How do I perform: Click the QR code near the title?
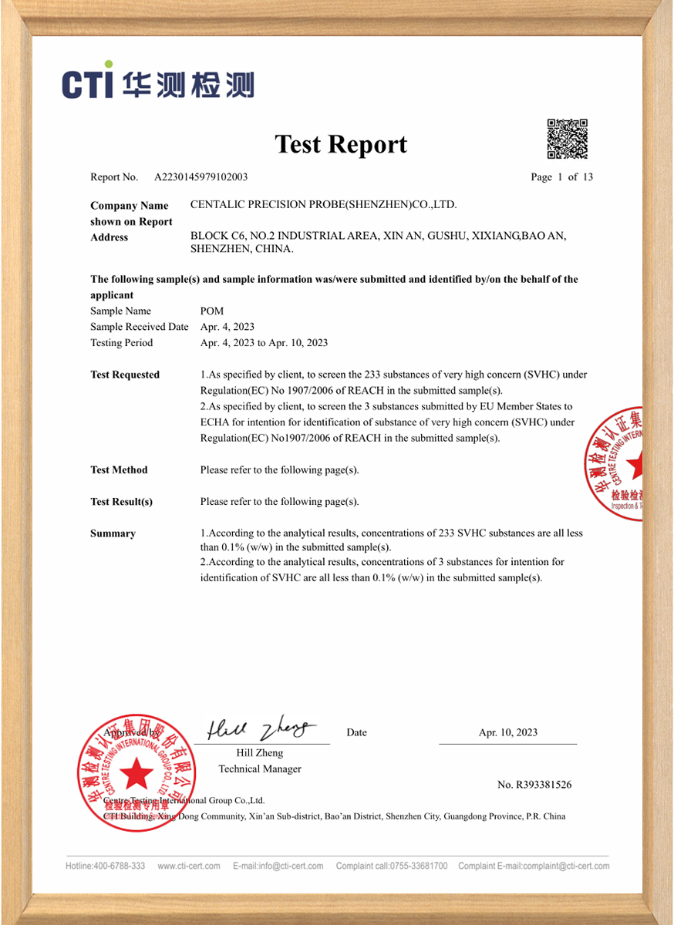[x=568, y=138]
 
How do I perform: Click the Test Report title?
[x=341, y=144]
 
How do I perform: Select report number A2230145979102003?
[x=201, y=177]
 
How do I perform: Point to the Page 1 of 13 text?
[x=561, y=177]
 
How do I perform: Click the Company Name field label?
[x=129, y=206]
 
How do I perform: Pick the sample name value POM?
[x=211, y=311]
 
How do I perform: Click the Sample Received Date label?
[x=139, y=327]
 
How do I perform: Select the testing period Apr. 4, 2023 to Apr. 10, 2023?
[x=264, y=343]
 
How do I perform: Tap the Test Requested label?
[x=125, y=375]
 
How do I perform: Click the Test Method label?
[x=119, y=470]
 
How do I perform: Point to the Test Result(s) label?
[x=121, y=502]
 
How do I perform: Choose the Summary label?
[x=113, y=533]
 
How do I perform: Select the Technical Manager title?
[x=260, y=769]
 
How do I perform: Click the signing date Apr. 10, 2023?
[x=507, y=733]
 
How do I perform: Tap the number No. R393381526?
[x=534, y=785]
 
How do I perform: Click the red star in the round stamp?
[x=136, y=773]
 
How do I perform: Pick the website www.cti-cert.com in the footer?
[x=189, y=866]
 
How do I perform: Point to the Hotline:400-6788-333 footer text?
[x=105, y=866]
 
